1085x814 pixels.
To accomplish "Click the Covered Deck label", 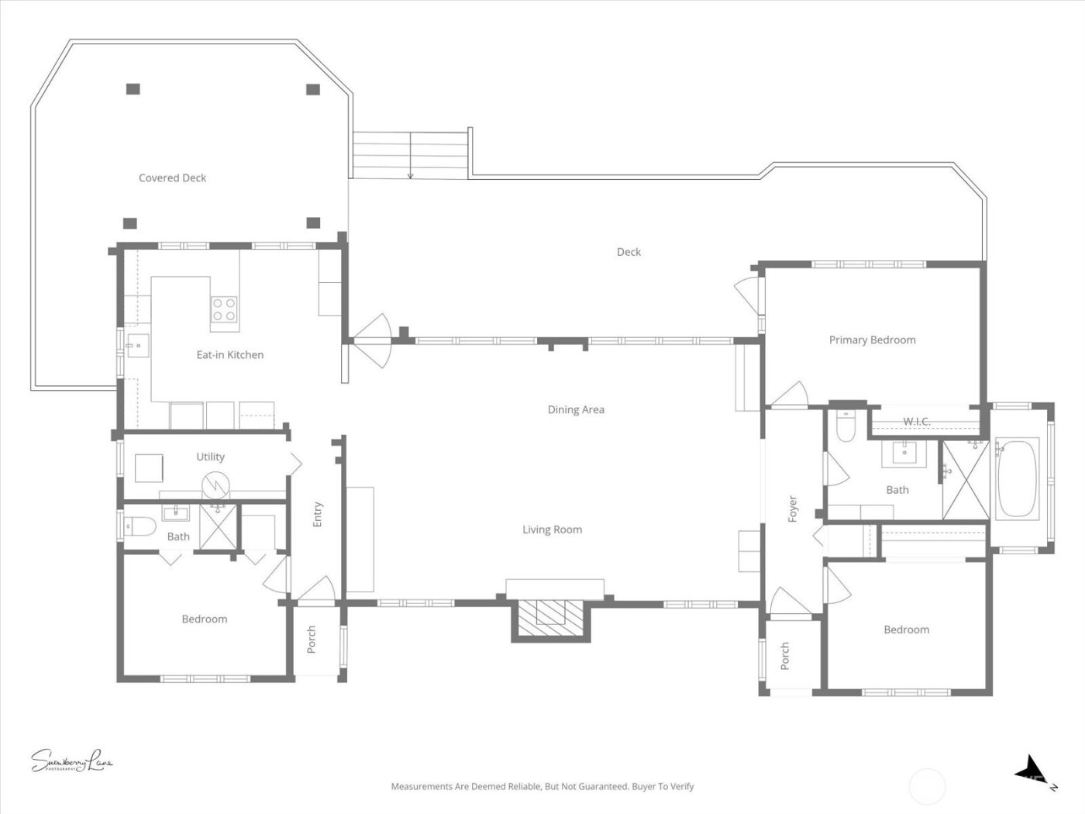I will coord(172,178).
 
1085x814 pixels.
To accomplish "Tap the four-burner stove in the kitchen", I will coord(224,309).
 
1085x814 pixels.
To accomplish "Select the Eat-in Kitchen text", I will coord(229,354).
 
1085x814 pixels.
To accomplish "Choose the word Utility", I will coord(210,457).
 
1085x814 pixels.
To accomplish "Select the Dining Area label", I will coord(576,409).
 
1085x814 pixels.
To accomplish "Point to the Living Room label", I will coord(552,529).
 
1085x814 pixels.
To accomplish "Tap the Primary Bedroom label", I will coord(872,340).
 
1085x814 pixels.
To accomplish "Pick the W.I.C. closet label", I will coord(916,422).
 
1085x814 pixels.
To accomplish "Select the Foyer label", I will coord(792,509).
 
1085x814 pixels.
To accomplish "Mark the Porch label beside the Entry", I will coord(312,640).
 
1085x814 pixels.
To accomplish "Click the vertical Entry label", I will coord(317,515).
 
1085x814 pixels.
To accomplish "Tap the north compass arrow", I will coord(1032,770).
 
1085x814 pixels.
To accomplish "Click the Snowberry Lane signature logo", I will coord(71,761).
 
